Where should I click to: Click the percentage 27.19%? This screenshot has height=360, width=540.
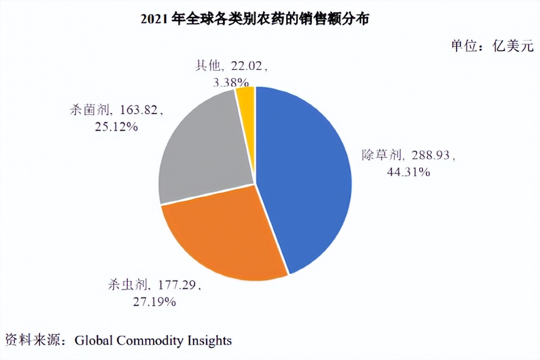[x=154, y=302]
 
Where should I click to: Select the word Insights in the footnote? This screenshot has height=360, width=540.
[x=210, y=340]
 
